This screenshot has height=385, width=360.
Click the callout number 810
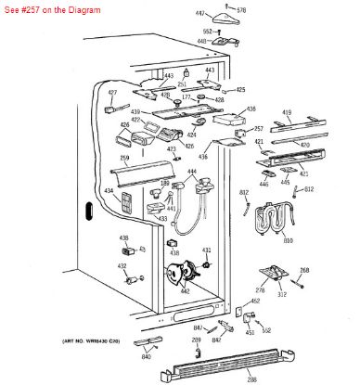[288, 241]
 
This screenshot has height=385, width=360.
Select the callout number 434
[109, 192]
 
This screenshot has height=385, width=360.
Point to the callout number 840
[146, 356]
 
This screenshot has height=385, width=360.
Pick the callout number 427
[112, 94]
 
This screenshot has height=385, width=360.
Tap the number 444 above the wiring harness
[192, 173]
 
